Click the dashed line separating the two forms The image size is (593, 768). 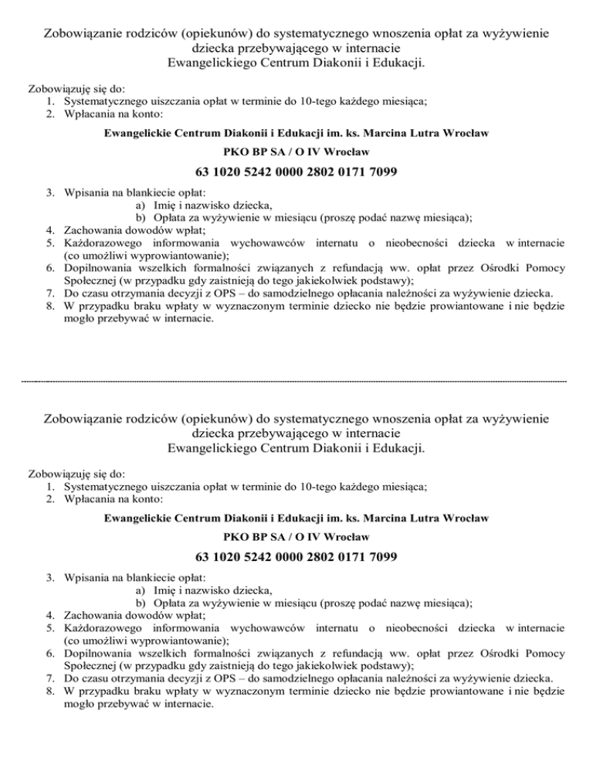(296, 381)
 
